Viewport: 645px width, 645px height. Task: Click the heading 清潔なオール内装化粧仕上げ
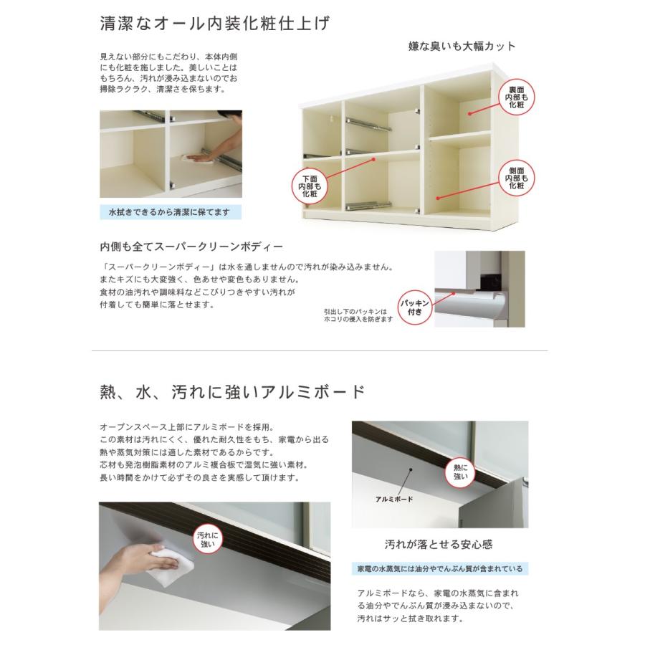215,24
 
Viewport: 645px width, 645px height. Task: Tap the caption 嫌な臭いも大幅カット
461,47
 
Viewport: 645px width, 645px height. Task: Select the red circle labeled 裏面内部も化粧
517,96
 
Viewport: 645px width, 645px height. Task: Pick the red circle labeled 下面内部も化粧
310,186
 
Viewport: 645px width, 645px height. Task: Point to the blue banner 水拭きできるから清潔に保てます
170,212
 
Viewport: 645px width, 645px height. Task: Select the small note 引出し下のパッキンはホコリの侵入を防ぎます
358,315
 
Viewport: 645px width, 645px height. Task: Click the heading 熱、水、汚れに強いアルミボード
233,393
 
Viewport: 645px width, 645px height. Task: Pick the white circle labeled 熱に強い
460,472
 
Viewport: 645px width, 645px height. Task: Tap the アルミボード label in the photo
394,497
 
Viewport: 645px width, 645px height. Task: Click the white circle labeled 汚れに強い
209,539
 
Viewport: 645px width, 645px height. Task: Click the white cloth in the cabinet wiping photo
191,157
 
